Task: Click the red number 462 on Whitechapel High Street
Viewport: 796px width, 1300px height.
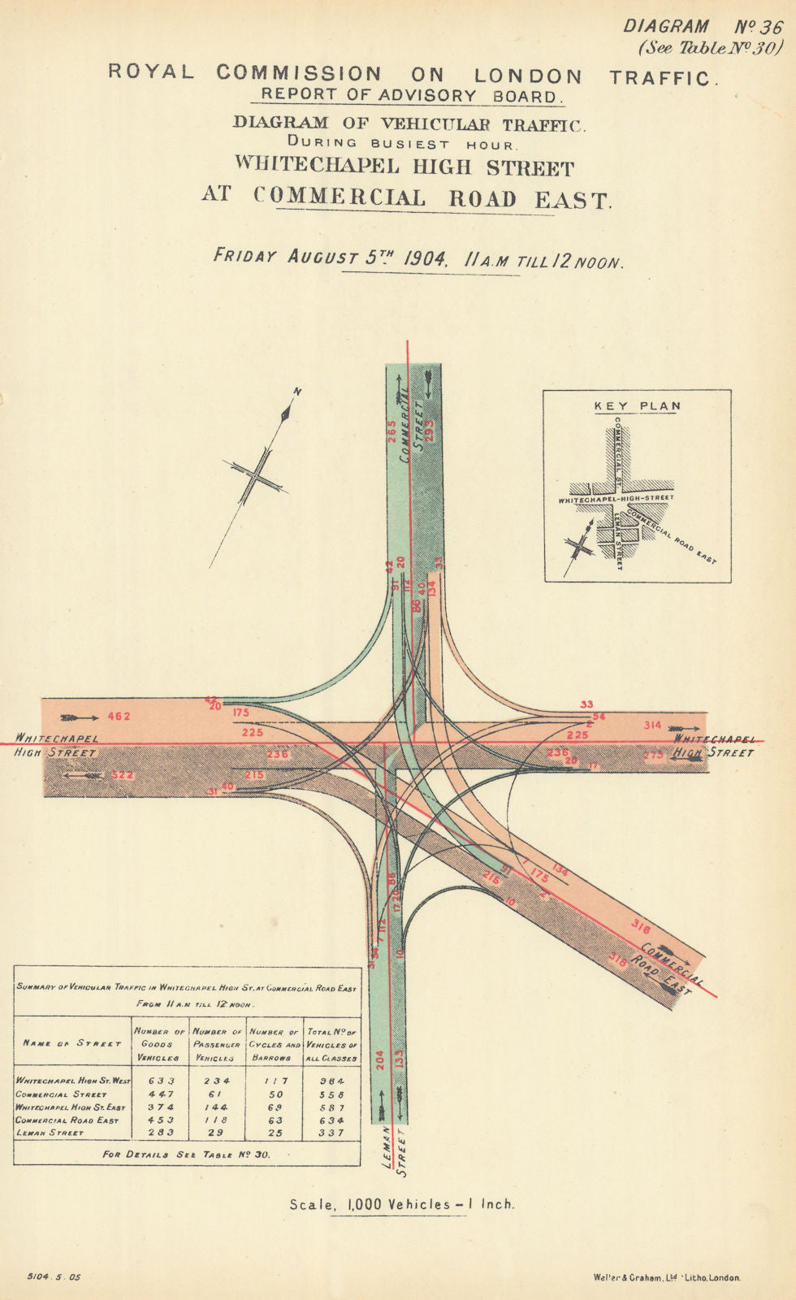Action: tap(119, 717)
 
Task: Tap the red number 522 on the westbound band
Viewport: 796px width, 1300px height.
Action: tap(122, 775)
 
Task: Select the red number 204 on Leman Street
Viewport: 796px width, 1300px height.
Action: tap(379, 1059)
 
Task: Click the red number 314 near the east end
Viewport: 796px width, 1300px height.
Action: tap(653, 725)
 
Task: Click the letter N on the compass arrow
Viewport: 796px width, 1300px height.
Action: tap(297, 392)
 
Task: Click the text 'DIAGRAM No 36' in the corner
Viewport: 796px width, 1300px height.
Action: tap(703, 26)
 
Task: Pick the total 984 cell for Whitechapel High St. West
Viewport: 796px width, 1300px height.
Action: tap(331, 1081)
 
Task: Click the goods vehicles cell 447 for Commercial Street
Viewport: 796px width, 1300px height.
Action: tap(160, 1094)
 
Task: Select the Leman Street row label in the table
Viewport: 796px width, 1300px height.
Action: tap(50, 1133)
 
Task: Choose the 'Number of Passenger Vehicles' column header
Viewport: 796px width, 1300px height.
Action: tap(218, 1044)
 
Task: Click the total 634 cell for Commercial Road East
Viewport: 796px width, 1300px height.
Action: tap(331, 1120)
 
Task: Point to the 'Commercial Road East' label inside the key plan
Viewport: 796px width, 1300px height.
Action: tap(681, 536)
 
